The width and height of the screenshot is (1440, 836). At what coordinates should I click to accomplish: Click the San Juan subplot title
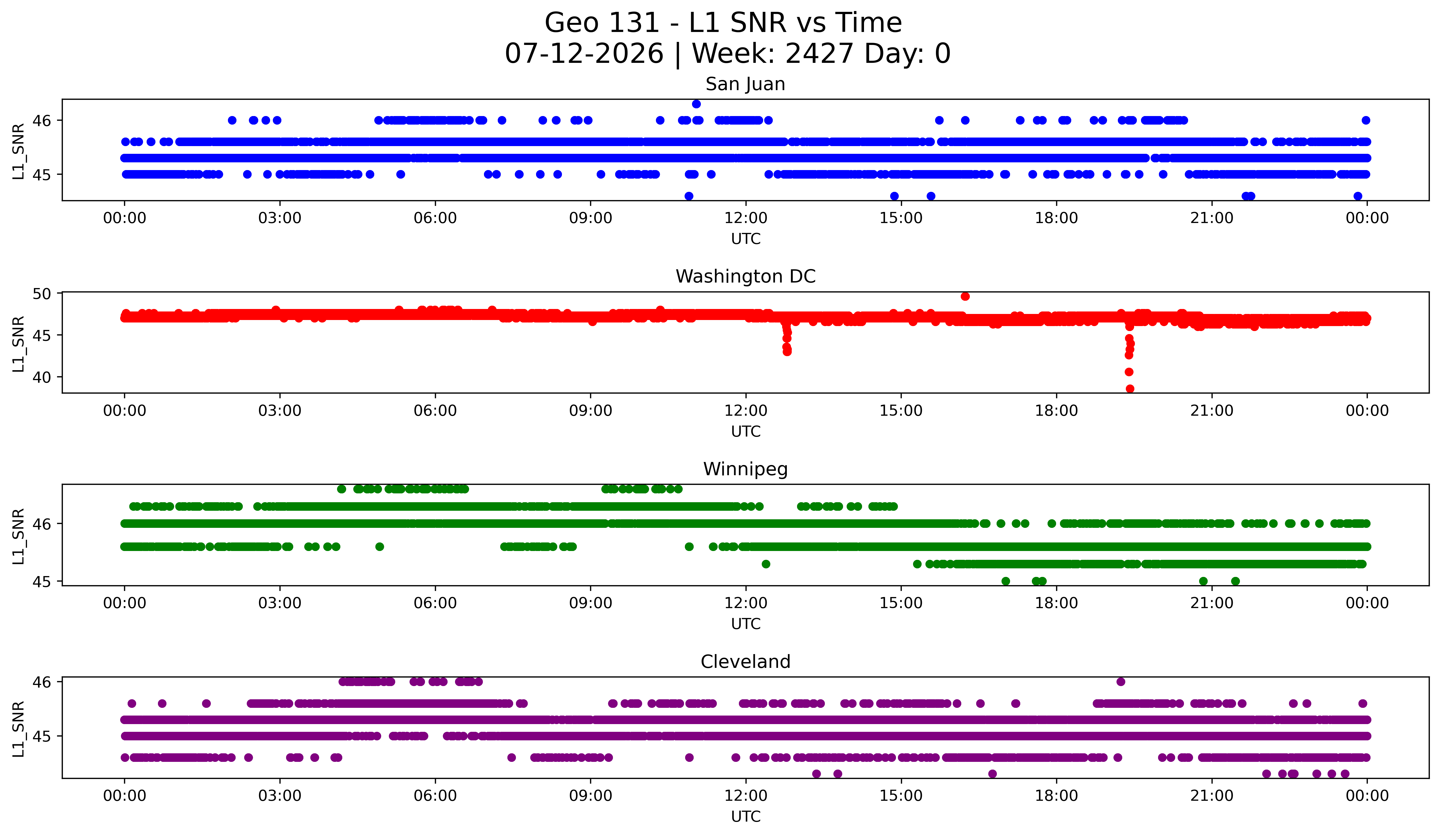click(x=745, y=84)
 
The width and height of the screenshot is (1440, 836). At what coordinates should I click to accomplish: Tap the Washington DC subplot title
click(x=745, y=276)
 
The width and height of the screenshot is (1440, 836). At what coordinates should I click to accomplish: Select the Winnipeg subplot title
click(x=745, y=469)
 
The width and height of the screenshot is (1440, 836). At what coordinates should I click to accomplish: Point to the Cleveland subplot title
click(x=745, y=662)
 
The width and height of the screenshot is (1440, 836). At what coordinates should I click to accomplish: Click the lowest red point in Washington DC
click(x=1130, y=389)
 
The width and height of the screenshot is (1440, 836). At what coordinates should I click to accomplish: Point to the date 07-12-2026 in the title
click(x=584, y=54)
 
